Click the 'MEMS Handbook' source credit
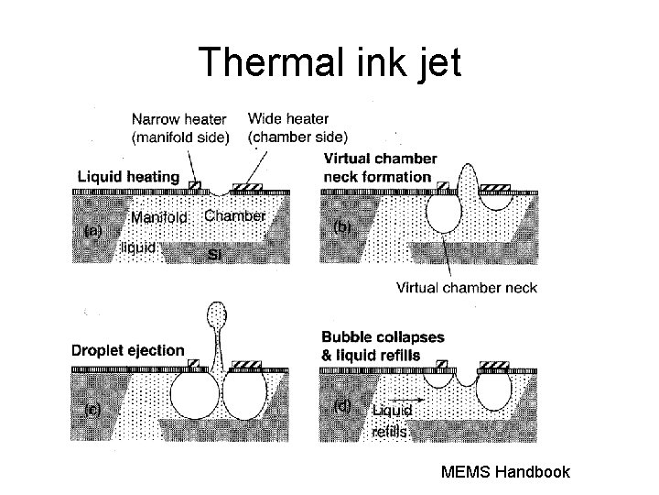[x=505, y=472]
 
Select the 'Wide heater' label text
[x=288, y=118]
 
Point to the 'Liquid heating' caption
[x=128, y=176]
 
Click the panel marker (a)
[x=92, y=231]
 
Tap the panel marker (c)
[x=92, y=410]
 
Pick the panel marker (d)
[x=341, y=406]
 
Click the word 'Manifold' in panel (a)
[x=158, y=218]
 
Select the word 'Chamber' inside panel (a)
[x=234, y=216]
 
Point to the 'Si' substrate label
[x=215, y=253]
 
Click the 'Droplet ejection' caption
[x=128, y=350]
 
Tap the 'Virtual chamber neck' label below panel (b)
[x=466, y=287]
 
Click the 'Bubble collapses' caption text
[x=383, y=337]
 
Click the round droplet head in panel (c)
[x=217, y=316]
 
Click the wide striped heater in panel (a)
[x=247, y=187]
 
